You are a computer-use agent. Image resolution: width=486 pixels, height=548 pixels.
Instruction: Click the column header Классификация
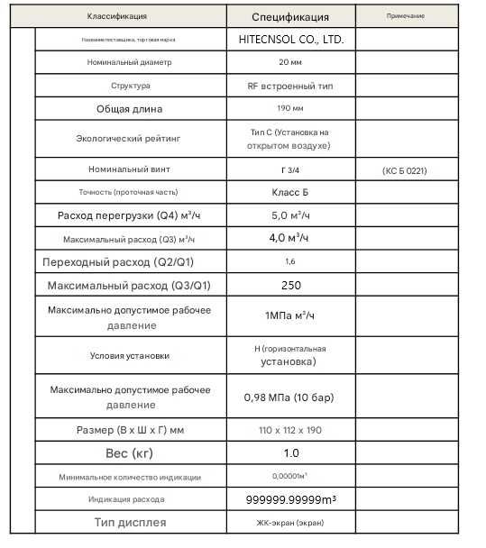(117, 16)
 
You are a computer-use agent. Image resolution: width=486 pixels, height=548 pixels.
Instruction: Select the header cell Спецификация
(289, 16)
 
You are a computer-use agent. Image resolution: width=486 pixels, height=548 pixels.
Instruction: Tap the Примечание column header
(405, 16)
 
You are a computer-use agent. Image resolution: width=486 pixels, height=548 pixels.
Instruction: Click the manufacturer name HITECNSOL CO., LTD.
(291, 40)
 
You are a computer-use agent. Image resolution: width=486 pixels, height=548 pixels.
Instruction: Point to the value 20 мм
(289, 62)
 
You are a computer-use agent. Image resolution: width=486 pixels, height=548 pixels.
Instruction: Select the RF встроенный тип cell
(289, 86)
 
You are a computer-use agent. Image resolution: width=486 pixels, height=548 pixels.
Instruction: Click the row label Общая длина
(130, 109)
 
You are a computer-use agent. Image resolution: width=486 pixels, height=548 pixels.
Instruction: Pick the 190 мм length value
(289, 109)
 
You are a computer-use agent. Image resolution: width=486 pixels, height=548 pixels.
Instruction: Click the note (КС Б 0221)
(405, 169)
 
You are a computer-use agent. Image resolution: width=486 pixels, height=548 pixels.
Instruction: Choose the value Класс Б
(289, 192)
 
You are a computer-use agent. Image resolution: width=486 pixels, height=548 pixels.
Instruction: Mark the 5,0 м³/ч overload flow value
(290, 215)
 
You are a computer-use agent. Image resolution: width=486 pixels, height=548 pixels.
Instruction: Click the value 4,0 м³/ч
(290, 238)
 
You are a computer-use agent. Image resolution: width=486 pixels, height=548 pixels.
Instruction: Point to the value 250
(289, 285)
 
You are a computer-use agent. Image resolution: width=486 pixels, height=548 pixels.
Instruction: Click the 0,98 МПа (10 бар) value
(289, 396)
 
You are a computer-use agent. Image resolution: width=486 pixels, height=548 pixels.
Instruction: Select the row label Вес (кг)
(129, 452)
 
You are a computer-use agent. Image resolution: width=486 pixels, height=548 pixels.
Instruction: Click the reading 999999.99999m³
(291, 498)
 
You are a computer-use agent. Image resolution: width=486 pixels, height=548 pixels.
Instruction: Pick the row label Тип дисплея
(130, 522)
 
